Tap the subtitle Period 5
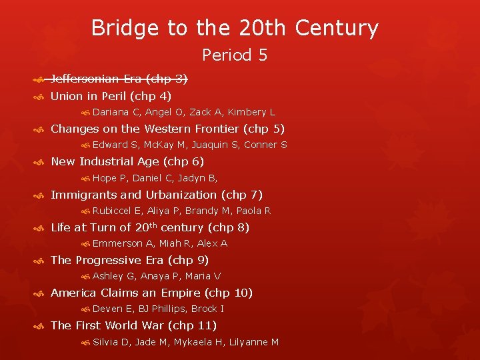pyautogui.click(x=235, y=55)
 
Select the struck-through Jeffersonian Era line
pyautogui.click(x=119, y=79)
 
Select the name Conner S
pyautogui.click(x=265, y=145)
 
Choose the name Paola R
pyautogui.click(x=253, y=211)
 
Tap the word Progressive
pyautogui.click(x=109, y=260)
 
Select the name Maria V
pyautogui.click(x=203, y=276)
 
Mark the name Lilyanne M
pyautogui.click(x=254, y=342)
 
